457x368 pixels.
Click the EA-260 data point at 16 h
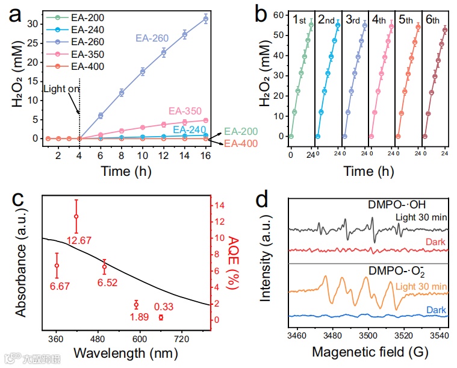pyautogui.click(x=207, y=19)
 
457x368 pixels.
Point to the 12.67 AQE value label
pyautogui.click(x=78, y=241)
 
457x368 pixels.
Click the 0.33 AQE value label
pyautogui.click(x=164, y=306)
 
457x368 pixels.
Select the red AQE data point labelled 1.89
pyautogui.click(x=136, y=305)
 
